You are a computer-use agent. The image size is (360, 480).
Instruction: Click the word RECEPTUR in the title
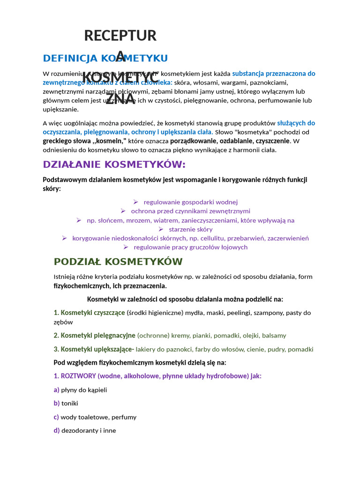point(120,36)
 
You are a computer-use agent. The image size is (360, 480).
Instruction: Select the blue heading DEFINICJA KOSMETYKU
point(105,58)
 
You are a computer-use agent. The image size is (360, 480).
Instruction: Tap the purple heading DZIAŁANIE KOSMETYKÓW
point(114,165)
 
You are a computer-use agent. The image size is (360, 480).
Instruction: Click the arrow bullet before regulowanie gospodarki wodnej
point(135,202)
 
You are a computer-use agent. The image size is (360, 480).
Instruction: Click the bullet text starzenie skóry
point(190,229)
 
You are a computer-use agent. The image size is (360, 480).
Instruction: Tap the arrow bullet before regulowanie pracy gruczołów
point(126,247)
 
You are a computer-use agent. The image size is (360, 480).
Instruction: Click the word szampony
point(255,313)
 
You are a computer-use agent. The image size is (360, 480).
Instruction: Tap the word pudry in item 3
point(277,349)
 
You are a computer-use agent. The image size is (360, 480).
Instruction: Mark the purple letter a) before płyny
point(56,390)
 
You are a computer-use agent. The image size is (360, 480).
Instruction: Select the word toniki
point(70,403)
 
